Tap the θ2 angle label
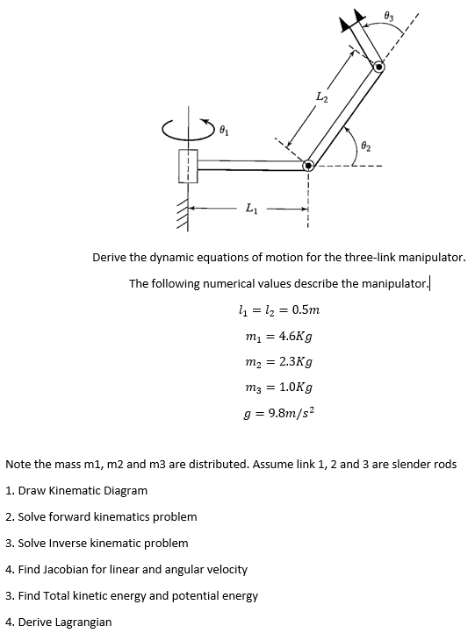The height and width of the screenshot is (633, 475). point(365,145)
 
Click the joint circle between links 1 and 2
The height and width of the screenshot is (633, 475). point(309,164)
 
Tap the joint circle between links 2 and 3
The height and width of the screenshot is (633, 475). point(378,67)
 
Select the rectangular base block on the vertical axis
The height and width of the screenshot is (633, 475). point(188,165)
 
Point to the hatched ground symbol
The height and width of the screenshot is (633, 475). point(183,213)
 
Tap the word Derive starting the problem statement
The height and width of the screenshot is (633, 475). point(112,257)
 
